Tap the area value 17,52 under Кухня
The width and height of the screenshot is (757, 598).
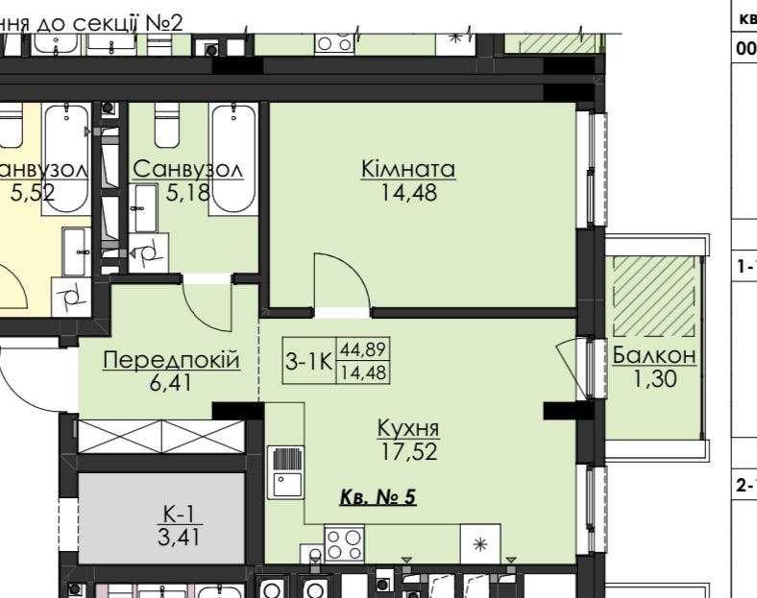[407, 451]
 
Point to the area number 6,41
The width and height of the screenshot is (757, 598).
[171, 384]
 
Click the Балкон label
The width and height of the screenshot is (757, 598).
[654, 356]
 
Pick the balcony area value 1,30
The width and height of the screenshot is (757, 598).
[654, 379]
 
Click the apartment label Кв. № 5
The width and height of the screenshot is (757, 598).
[378, 498]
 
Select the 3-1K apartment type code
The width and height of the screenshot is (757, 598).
[308, 362]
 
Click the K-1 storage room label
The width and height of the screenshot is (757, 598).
[180, 515]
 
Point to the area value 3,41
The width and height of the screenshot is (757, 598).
[180, 537]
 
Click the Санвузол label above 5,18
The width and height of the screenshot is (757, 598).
[187, 169]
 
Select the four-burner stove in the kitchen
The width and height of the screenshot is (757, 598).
[345, 544]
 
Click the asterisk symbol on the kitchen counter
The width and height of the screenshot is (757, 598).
[481, 544]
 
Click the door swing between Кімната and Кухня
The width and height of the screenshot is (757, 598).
[343, 285]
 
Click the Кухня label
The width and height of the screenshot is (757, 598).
[407, 428]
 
